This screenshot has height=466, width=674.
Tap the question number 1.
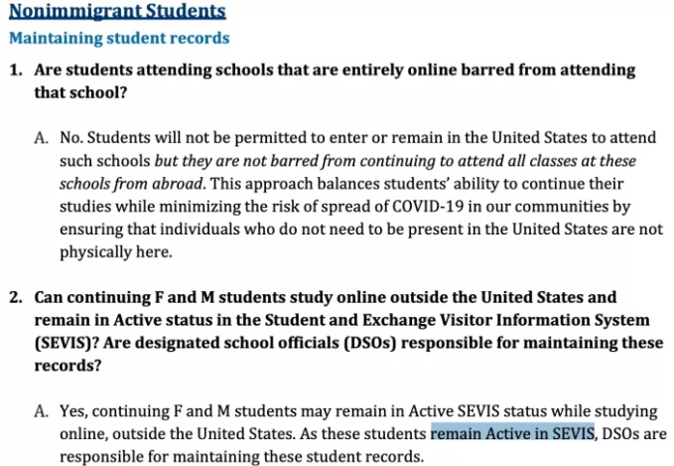(16, 72)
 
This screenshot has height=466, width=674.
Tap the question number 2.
(16, 297)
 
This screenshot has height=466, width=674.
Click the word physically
(97, 252)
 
